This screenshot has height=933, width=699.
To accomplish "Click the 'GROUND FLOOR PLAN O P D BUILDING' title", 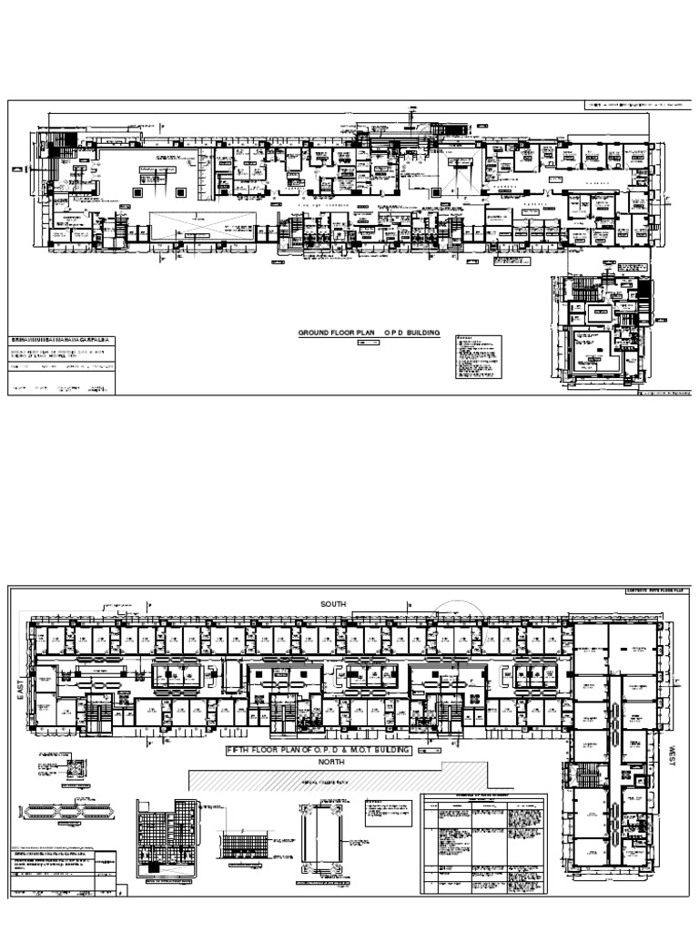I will [x=370, y=333].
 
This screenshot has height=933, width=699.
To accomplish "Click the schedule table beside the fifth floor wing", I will [x=486, y=844].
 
